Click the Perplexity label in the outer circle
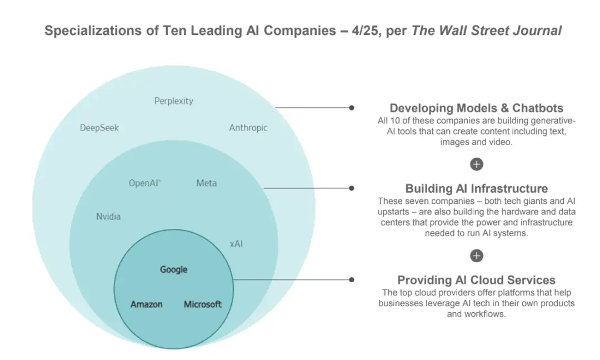pos(173,101)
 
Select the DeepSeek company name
pos(99,128)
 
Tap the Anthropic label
pos(248,128)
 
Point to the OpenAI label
pos(144,183)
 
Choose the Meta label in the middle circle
pos(207,183)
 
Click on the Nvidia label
pos(108,217)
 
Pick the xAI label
pos(236,244)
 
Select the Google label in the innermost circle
pos(173,269)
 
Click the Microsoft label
pos(203,304)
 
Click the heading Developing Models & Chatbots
pos(476,108)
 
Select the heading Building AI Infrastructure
pos(476,188)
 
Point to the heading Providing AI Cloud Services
pos(476,280)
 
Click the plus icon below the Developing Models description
pos(476,164)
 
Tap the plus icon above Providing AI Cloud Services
pos(476,256)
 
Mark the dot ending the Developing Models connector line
pos(351,108)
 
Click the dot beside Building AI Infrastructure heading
pos(351,188)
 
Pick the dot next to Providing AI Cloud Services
pos(351,280)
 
